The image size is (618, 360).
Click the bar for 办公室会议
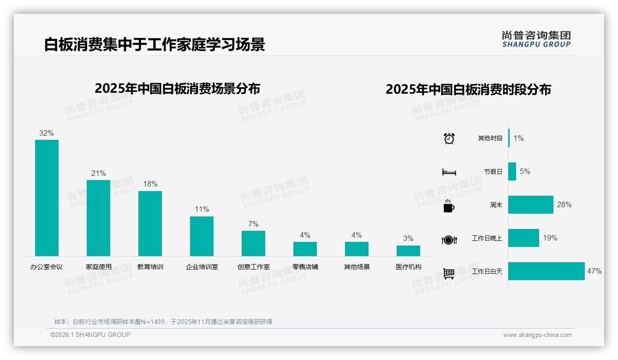pyautogui.click(x=47, y=198)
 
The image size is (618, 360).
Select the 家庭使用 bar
pyautogui.click(x=98, y=218)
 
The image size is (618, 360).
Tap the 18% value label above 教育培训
pyautogui.click(x=150, y=184)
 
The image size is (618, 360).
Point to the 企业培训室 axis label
pyautogui.click(x=202, y=267)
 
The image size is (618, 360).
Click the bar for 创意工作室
pyautogui.click(x=253, y=243)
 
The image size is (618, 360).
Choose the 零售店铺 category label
pyautogui.click(x=305, y=267)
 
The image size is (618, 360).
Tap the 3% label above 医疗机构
pyautogui.click(x=408, y=239)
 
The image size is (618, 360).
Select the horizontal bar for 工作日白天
pyautogui.click(x=546, y=271)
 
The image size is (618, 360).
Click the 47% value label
pyautogui.click(x=594, y=271)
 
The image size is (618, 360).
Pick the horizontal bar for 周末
pyautogui.click(x=530, y=204)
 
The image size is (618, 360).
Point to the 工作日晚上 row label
pyautogui.click(x=487, y=238)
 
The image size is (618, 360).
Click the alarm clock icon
pyautogui.click(x=449, y=138)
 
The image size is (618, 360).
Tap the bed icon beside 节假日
pyautogui.click(x=449, y=172)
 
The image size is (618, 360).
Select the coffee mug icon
pyautogui.click(x=449, y=206)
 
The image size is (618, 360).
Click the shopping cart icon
pyautogui.click(x=449, y=273)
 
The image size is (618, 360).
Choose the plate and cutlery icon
pyautogui.click(x=449, y=240)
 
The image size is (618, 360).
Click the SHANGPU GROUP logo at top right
pyautogui.click(x=536, y=39)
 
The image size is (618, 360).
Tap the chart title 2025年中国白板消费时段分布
pyautogui.click(x=468, y=90)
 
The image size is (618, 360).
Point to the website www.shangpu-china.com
pyautogui.click(x=537, y=335)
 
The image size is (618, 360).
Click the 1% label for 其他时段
pyautogui.click(x=518, y=138)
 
